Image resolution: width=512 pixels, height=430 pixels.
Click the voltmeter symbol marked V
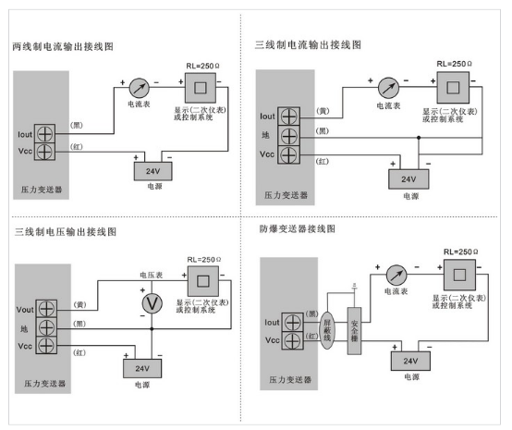152,304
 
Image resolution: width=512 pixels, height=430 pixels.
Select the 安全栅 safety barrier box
354,331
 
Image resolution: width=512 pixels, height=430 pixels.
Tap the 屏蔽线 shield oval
327,331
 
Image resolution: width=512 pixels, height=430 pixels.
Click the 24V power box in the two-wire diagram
153,171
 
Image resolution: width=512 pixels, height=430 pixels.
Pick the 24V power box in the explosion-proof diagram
410,361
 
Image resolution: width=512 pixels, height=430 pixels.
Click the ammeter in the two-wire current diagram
140,88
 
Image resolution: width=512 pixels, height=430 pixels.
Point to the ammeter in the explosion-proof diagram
396,275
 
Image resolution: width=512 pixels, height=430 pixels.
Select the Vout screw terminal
46,309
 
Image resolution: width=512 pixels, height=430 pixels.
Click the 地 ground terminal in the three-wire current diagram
289,136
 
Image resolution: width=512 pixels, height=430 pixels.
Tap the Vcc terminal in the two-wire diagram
44,152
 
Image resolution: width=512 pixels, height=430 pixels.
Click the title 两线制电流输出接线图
63,47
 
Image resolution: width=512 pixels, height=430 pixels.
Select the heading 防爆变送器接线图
298,228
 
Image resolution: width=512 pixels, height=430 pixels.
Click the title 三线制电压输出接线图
66,232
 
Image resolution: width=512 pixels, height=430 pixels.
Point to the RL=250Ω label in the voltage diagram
204,260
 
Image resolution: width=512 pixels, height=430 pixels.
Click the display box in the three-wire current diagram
453,88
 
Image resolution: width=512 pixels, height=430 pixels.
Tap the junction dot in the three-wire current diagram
419,138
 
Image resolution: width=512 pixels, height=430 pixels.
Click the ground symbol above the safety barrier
354,286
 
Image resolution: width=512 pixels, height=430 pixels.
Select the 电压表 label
152,275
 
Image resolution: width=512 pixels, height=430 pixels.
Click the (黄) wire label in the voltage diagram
80,304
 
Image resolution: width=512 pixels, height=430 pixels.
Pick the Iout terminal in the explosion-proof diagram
293,323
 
